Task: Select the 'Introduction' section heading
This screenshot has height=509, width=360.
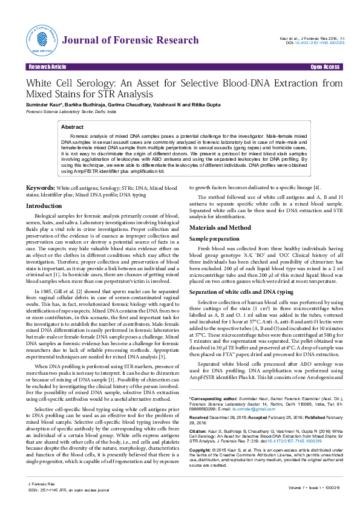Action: pos(44,206)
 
